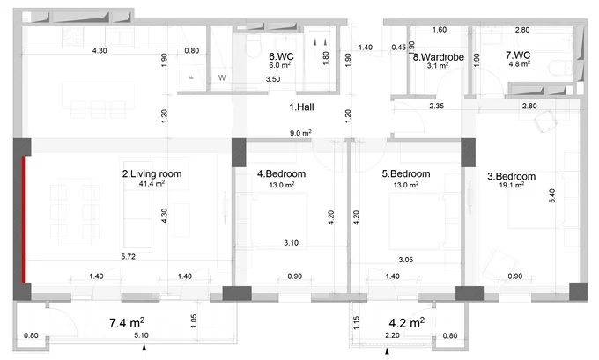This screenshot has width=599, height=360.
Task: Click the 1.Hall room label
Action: (x=301, y=107)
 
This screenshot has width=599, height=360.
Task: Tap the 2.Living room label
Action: (x=152, y=173)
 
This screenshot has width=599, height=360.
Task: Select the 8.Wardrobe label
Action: (x=439, y=57)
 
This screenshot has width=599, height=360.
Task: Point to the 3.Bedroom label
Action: (x=511, y=176)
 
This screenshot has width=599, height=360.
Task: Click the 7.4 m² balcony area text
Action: (x=127, y=322)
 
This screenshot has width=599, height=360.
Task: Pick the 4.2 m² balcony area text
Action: (x=406, y=322)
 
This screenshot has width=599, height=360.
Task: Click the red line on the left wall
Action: (x=24, y=219)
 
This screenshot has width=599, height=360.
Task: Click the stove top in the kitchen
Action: (x=73, y=37)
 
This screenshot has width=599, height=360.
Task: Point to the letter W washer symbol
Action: (x=222, y=77)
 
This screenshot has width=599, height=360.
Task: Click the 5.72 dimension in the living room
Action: (x=129, y=256)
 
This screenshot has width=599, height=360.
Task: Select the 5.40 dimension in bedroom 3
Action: (x=552, y=195)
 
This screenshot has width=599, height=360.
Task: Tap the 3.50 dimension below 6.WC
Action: (x=273, y=79)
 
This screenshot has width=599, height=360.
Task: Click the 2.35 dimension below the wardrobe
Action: (x=436, y=106)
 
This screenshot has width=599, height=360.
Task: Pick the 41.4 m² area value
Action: (x=152, y=184)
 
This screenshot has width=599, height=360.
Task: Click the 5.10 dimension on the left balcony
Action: (x=141, y=335)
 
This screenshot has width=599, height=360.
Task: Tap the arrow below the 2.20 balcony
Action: (x=387, y=352)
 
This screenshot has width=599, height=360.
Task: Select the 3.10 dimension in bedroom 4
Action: (x=291, y=242)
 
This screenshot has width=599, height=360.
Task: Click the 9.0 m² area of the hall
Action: (x=300, y=133)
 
